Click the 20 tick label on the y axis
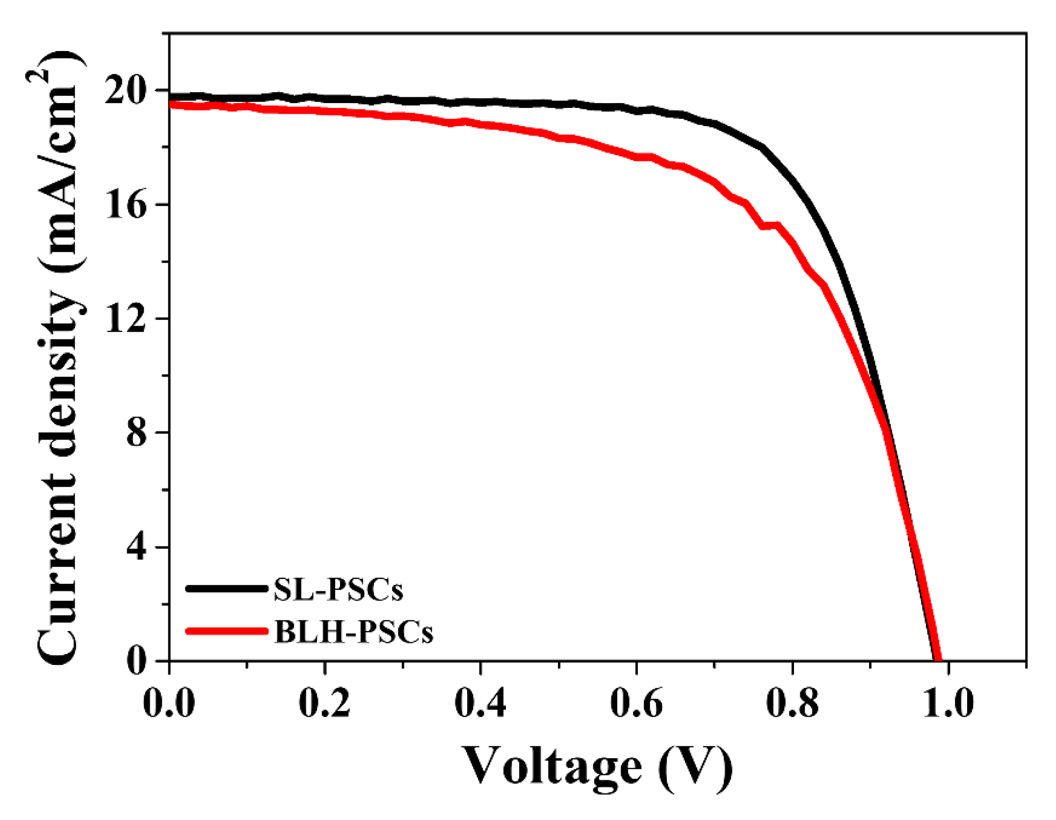click(x=126, y=91)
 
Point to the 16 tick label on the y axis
click(x=126, y=205)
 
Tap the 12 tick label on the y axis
click(x=126, y=319)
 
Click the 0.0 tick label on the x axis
click(x=169, y=703)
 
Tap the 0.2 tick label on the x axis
click(x=324, y=703)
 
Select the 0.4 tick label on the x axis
click(x=480, y=703)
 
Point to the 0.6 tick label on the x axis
click(x=636, y=703)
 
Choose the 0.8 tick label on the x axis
click(x=792, y=703)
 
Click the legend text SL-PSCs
click(x=338, y=589)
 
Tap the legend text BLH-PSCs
click(x=353, y=632)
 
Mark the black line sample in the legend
click(x=227, y=588)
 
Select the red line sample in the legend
click(x=227, y=631)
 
